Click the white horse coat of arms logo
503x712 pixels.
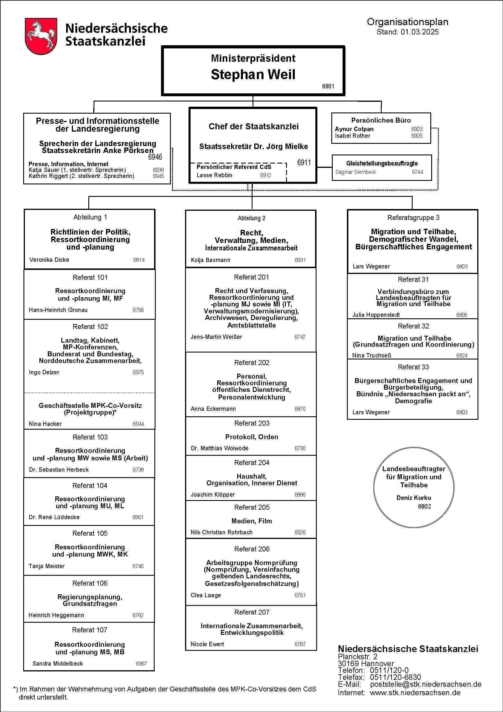[41, 37]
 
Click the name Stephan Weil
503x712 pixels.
[253, 75]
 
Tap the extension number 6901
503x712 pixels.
[328, 86]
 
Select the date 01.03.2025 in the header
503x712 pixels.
[419, 32]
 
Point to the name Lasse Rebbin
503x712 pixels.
[214, 175]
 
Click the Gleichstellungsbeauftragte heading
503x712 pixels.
[382, 164]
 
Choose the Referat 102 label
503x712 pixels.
[90, 326]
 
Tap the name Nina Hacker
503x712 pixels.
[45, 424]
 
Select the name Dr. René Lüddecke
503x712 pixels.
[54, 517]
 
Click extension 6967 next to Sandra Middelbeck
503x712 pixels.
[141, 664]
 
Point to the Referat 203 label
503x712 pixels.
[252, 423]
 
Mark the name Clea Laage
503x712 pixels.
[206, 595]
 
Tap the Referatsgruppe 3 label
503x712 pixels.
[413, 218]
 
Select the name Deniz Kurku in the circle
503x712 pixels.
[414, 498]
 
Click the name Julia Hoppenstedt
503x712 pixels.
[376, 315]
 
